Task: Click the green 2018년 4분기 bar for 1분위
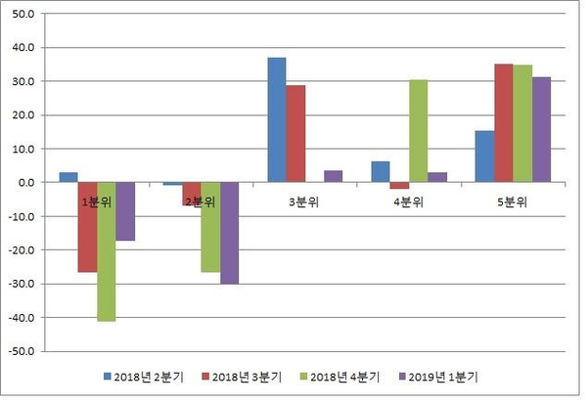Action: click(x=106, y=251)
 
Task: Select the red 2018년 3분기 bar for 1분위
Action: click(x=87, y=227)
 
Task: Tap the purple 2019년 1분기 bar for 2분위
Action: click(x=229, y=233)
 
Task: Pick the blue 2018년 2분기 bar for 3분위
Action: click(x=277, y=119)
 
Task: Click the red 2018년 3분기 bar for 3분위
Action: click(x=295, y=133)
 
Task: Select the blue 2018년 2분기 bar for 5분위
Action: click(x=484, y=157)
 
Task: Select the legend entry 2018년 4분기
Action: click(x=339, y=376)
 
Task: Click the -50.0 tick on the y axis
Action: click(x=21, y=351)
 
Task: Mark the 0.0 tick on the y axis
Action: click(x=25, y=183)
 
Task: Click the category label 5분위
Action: click(x=513, y=202)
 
